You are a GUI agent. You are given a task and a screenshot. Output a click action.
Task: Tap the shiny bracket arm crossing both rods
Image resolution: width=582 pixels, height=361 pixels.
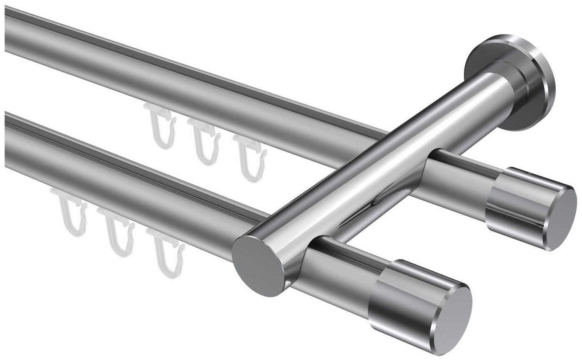click(374, 166)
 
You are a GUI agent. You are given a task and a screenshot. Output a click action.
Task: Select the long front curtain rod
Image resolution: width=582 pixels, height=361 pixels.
click(125, 183)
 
